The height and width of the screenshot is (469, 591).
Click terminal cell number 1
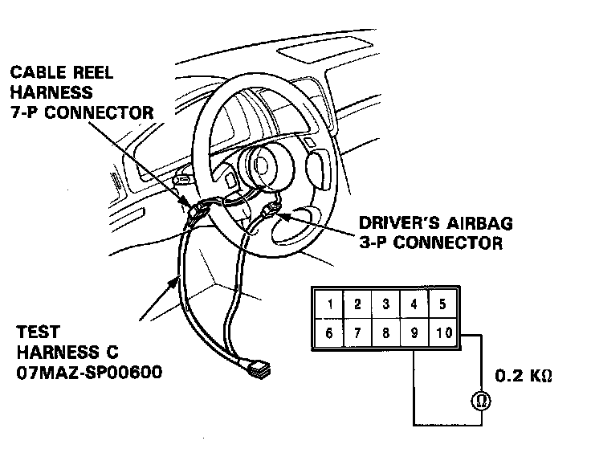[330, 305]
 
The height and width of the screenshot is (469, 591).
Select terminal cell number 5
[442, 305]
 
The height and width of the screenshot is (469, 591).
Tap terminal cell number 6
[330, 332]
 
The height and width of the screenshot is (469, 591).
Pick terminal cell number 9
[414, 332]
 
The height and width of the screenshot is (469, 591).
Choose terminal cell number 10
[442, 332]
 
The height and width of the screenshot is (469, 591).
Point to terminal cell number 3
[385, 305]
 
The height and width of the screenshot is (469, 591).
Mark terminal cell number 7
[358, 332]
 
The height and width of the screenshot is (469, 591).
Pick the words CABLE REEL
[62, 72]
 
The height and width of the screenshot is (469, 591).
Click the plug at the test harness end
[259, 370]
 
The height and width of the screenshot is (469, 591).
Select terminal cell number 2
[358, 305]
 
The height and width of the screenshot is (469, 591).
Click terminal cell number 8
[385, 332]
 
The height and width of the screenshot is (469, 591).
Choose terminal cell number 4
[414, 305]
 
